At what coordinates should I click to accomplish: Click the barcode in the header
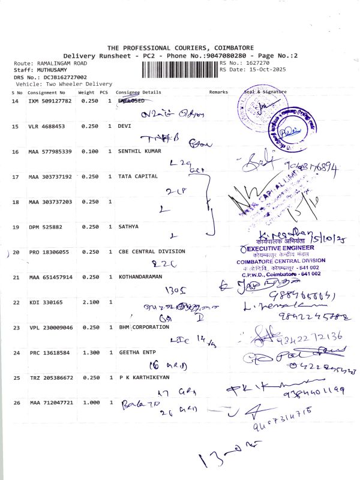pos(179,70)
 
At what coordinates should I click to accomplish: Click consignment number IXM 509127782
pos(50,101)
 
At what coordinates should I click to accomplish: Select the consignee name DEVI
pos(124,126)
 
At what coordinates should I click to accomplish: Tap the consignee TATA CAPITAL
pos(137,176)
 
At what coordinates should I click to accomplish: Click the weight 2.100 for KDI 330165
pos(86,302)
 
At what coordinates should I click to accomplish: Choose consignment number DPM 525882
pos(45,227)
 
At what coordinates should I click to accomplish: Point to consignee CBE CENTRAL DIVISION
pos(152,251)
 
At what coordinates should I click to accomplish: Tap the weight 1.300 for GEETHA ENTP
pos(86,353)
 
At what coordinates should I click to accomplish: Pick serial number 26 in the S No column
pos(15,403)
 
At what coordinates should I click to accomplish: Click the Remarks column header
pos(218,92)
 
